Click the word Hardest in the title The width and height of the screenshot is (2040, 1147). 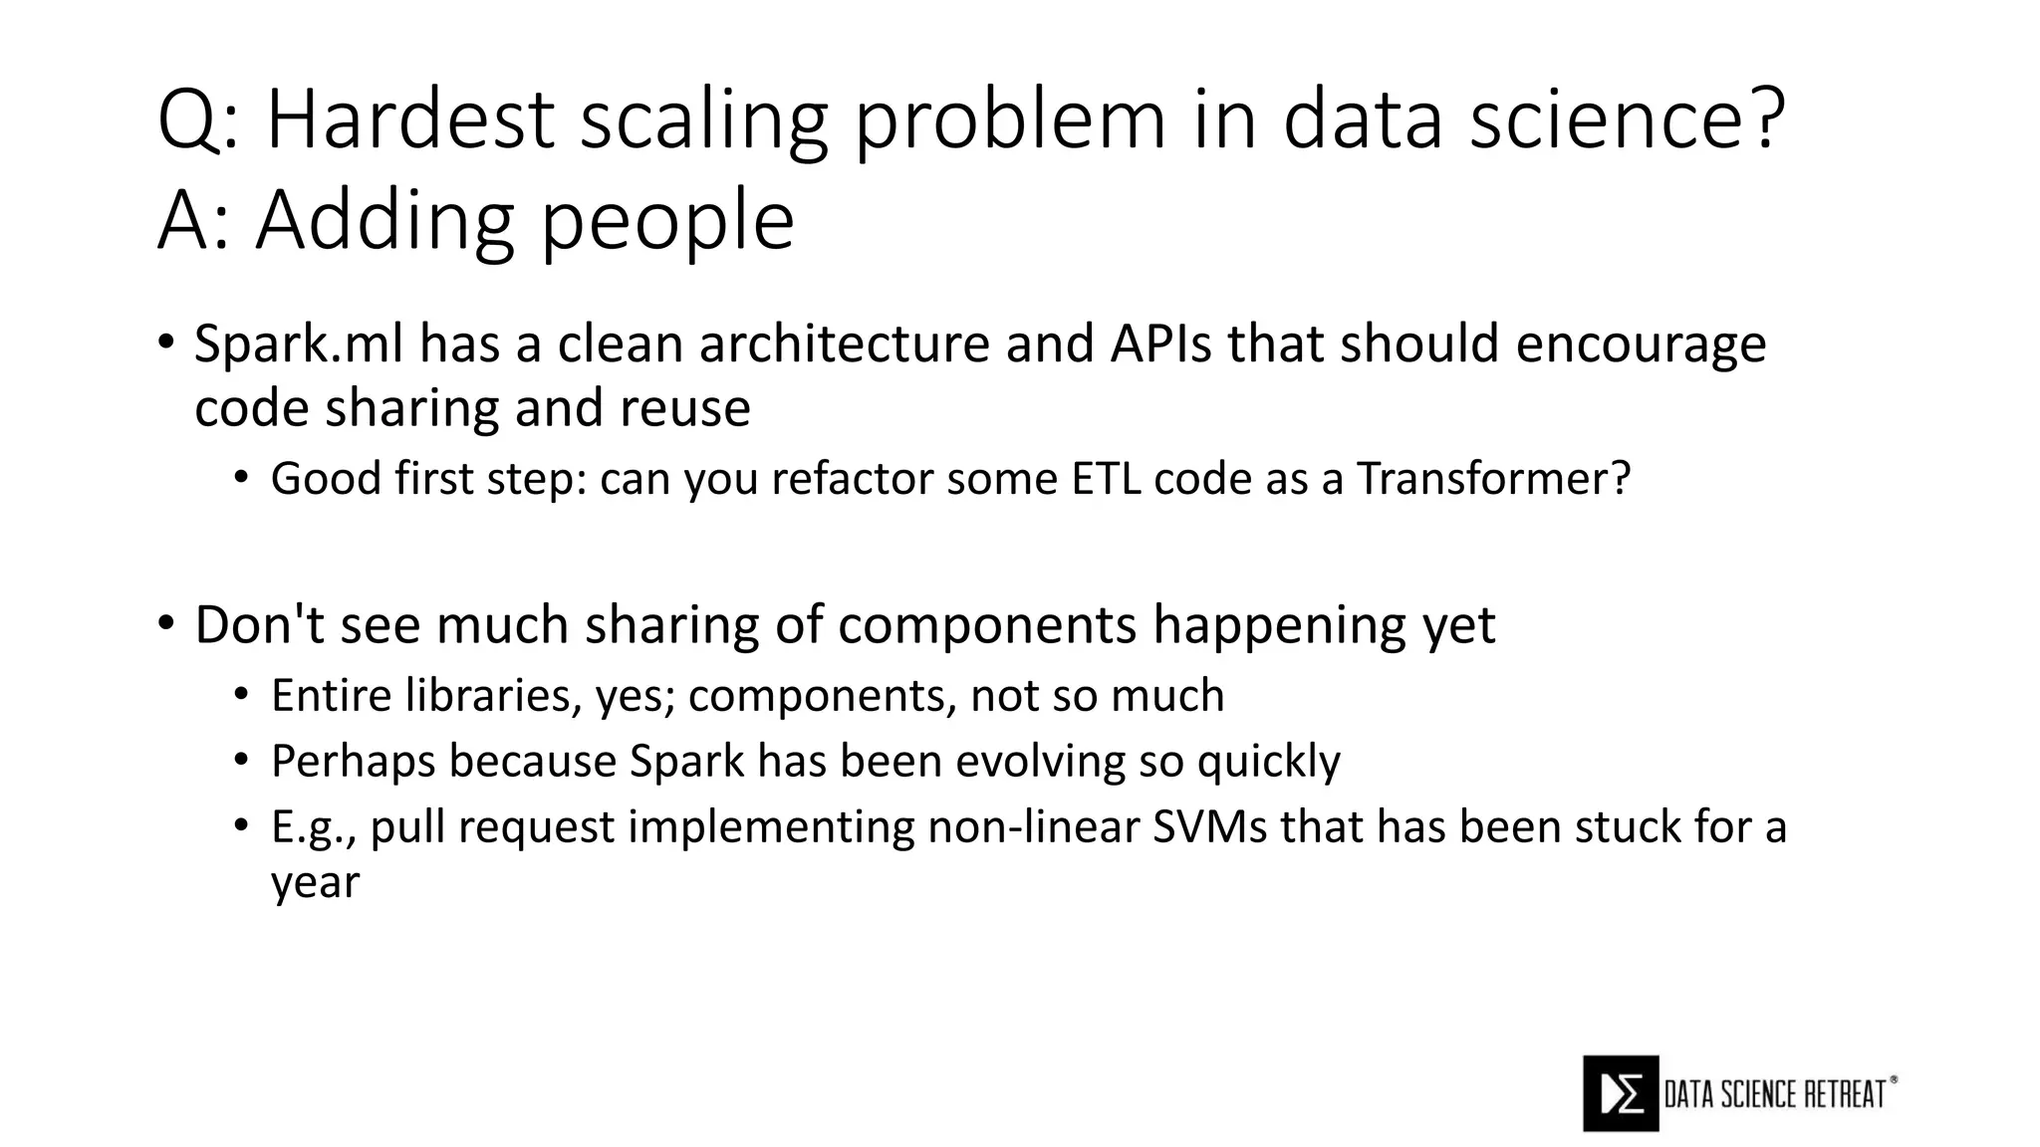pyautogui.click(x=409, y=119)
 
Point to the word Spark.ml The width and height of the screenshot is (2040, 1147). pyautogui.click(x=299, y=344)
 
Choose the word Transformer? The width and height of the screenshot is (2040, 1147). pyautogui.click(x=1493, y=479)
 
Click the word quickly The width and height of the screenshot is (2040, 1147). pyautogui.click(x=1268, y=762)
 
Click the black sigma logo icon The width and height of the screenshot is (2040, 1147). pyautogui.click(x=1621, y=1093)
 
